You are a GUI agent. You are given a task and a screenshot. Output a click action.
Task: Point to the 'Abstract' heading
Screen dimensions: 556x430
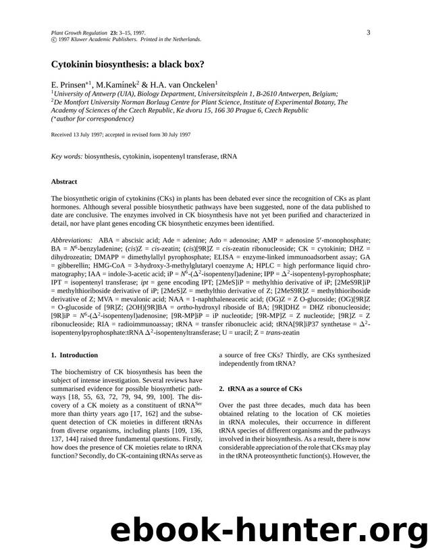point(64,181)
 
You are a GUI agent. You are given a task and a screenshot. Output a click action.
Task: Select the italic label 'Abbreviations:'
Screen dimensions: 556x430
point(72,240)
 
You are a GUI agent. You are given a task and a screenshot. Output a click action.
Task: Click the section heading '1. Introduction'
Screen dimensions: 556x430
point(74,354)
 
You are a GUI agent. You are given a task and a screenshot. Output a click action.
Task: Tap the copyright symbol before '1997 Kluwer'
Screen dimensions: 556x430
point(54,40)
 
